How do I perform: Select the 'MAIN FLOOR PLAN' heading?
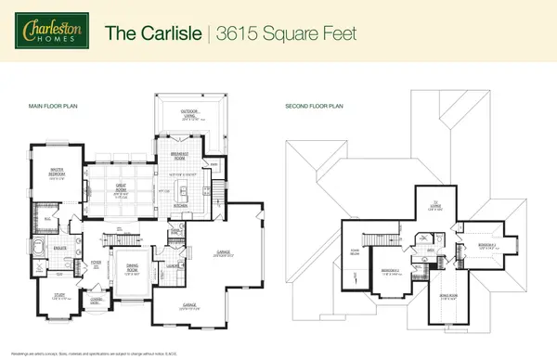pos(52,107)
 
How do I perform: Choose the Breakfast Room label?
pos(181,155)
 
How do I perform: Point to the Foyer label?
pos(96,264)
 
